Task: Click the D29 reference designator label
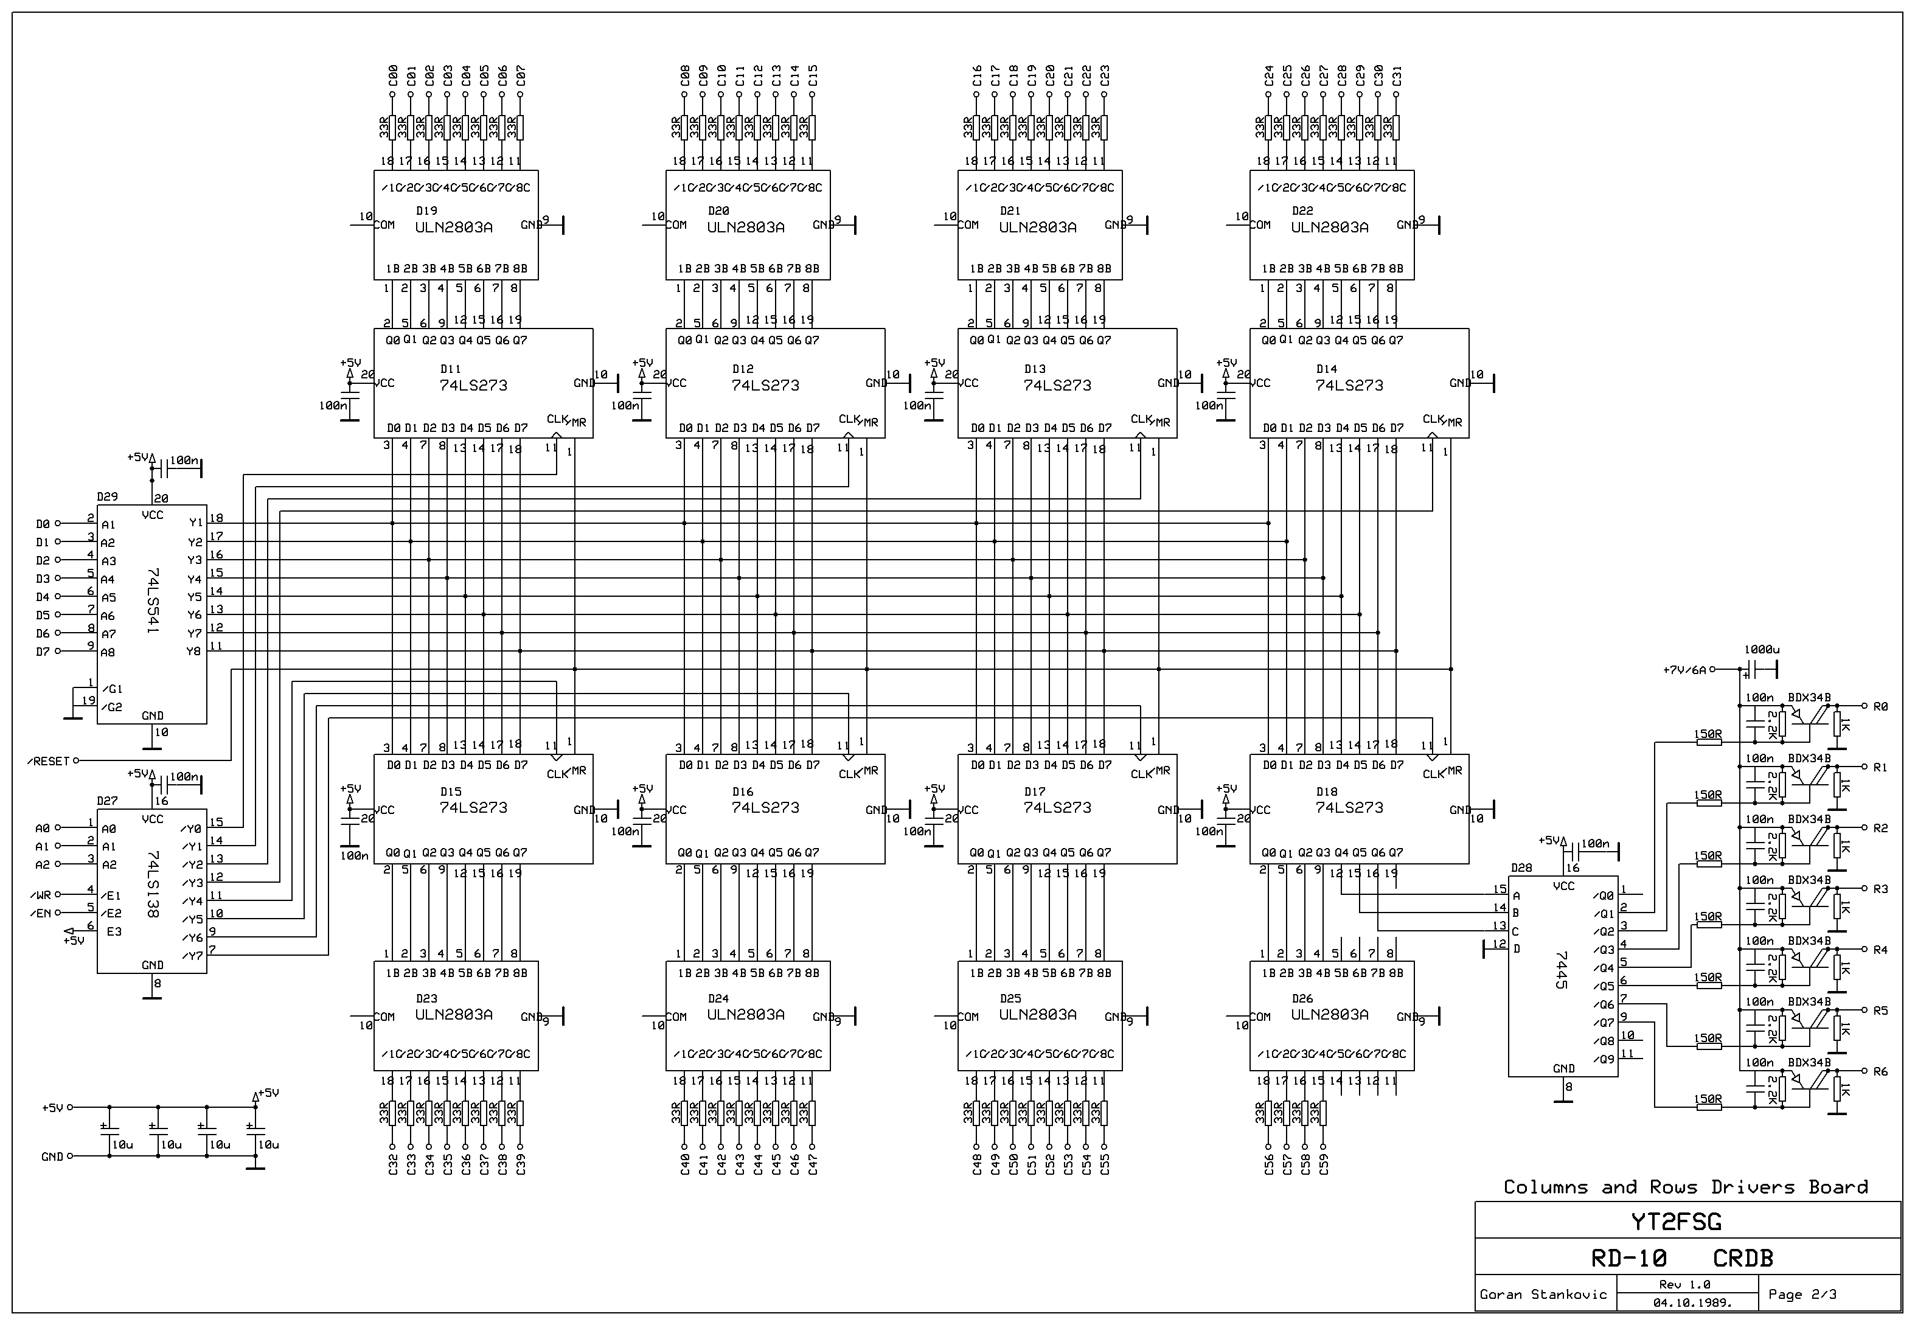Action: pos(107,496)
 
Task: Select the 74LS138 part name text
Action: pos(152,883)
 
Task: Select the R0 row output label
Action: pos(1881,706)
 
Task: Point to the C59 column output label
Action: pos(1323,1164)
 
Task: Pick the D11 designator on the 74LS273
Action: pos(450,369)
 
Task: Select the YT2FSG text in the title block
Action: pos(1687,1222)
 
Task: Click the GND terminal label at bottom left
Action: pos(52,1156)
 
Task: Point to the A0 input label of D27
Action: pos(43,829)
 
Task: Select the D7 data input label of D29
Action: pos(43,652)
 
